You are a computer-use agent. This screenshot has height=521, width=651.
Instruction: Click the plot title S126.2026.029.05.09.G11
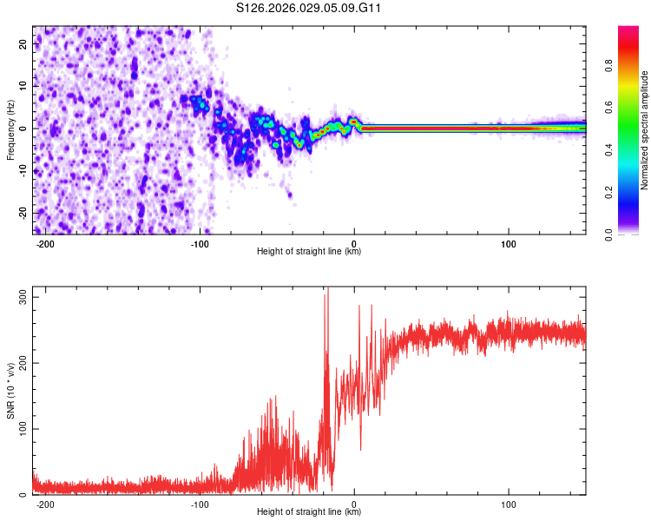click(310, 9)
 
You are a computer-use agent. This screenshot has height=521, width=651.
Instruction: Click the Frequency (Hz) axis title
click(10, 129)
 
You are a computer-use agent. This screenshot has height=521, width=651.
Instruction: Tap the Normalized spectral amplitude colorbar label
click(645, 130)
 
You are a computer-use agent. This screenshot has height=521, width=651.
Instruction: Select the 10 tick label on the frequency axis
click(23, 86)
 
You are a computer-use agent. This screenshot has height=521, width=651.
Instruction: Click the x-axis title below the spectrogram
click(309, 253)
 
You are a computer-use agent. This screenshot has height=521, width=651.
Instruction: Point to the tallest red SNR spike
click(327, 290)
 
